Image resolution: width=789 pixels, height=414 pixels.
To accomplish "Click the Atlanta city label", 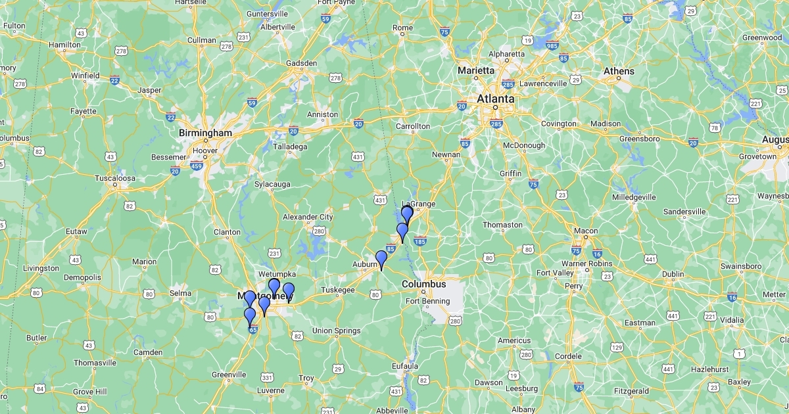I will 496,99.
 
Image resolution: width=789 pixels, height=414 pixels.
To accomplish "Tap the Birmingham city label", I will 206,133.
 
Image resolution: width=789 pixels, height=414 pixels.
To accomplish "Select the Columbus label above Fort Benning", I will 424,285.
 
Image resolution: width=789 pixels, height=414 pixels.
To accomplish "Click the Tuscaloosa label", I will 115,178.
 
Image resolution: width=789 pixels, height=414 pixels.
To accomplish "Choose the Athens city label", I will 619,71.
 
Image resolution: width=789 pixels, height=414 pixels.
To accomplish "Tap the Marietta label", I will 477,70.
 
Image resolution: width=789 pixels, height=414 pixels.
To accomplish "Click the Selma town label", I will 180,293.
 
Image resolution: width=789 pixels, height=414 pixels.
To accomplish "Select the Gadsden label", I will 301,63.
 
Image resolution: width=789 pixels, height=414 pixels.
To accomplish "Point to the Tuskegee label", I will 338,290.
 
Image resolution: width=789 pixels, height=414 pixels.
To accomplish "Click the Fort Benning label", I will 427,302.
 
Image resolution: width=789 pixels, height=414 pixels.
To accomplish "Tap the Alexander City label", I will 308,217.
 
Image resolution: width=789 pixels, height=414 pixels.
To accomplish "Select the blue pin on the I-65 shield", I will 250,317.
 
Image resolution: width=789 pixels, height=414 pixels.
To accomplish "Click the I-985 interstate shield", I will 552,46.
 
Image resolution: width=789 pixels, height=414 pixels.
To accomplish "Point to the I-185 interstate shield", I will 420,242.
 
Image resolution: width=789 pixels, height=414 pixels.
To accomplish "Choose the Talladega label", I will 290,147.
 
